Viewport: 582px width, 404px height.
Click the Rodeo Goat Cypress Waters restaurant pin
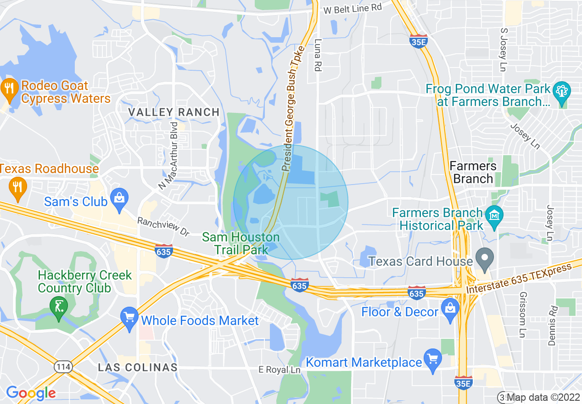9,89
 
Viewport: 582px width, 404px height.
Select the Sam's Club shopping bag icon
119,200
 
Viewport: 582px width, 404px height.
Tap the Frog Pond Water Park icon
561,91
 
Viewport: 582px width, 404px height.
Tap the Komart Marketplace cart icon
432,359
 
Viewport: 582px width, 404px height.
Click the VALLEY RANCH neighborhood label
174,112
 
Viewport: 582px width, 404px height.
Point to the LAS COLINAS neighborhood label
138,367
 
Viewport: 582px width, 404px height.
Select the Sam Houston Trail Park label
241,243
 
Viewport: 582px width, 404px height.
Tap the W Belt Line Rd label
353,8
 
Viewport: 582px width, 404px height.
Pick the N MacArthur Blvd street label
168,155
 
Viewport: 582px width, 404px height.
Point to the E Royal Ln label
280,370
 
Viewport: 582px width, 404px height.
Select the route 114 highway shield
62,366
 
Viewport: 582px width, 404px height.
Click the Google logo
31,393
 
